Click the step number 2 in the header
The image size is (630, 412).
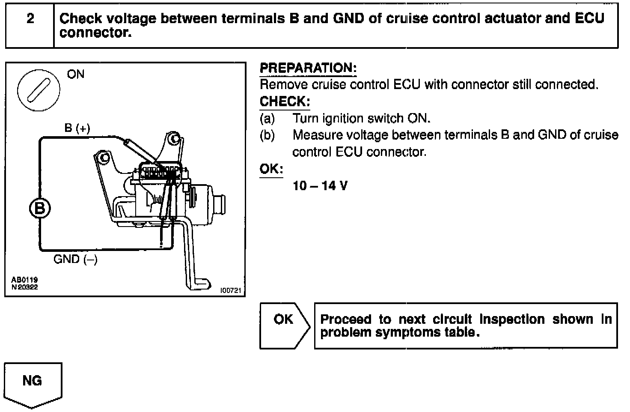pyautogui.click(x=30, y=19)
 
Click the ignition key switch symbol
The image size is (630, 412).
pyautogui.click(x=39, y=90)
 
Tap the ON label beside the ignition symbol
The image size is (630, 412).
pyautogui.click(x=76, y=74)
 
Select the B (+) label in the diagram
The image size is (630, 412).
pyautogui.click(x=77, y=128)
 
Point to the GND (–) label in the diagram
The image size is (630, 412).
pyautogui.click(x=75, y=259)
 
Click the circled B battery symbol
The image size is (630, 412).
pyautogui.click(x=40, y=209)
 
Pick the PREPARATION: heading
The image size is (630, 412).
pyautogui.click(x=308, y=68)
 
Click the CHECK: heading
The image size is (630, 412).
pyautogui.click(x=285, y=102)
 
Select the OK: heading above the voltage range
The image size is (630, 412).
pyautogui.click(x=271, y=168)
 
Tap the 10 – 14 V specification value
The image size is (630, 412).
pyautogui.click(x=320, y=186)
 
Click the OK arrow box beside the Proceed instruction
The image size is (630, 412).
pyautogui.click(x=284, y=325)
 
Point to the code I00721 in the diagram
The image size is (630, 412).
pyautogui.click(x=231, y=291)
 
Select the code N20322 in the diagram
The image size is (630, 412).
pyautogui.click(x=24, y=287)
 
